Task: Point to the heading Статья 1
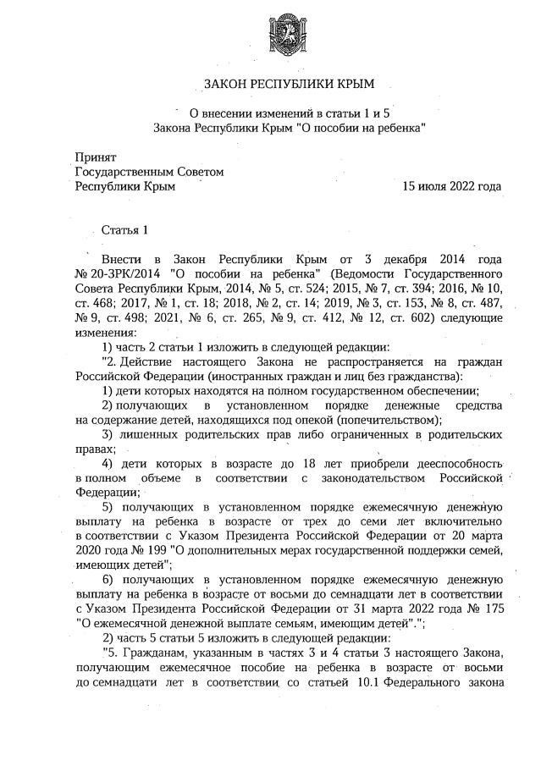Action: [x=124, y=229]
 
